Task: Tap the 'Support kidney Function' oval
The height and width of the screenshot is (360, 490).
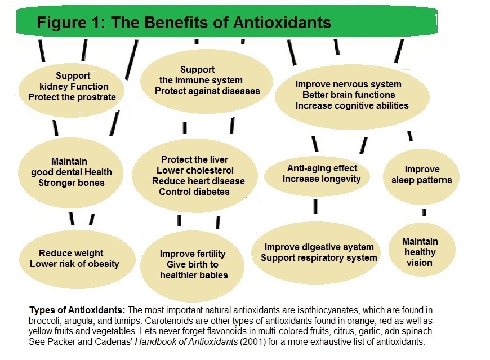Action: point(70,87)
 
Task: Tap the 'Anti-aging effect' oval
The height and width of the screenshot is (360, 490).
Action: point(322,174)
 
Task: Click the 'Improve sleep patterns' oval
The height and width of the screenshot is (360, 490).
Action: point(421,175)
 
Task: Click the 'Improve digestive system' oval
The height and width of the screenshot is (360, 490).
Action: point(319,252)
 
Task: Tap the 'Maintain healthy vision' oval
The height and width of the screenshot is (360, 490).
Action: point(420,251)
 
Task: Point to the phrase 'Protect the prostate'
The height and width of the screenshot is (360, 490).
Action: point(72,97)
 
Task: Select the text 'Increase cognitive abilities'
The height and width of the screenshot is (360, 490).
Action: point(352,105)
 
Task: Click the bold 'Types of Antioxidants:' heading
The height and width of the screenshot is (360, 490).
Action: point(77,310)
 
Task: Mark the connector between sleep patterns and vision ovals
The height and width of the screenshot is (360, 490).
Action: point(424,212)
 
